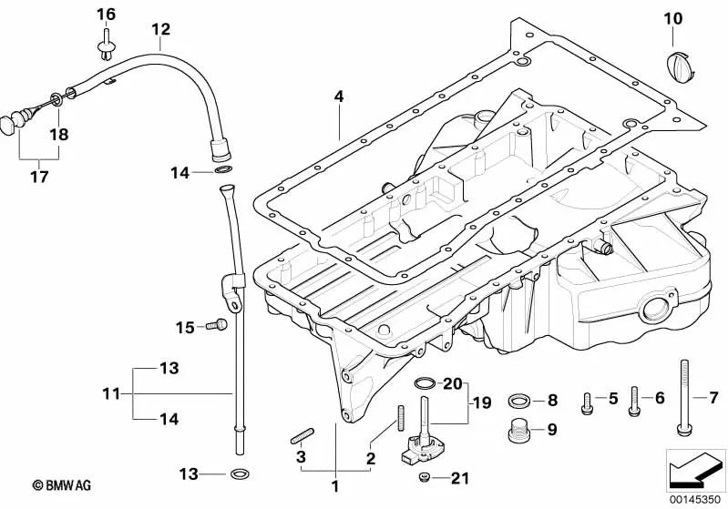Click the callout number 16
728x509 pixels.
click(106, 14)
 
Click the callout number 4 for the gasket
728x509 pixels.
click(338, 95)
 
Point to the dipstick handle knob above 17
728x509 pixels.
click(11, 122)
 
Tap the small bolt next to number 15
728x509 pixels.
click(216, 324)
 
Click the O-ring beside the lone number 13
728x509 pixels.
click(240, 474)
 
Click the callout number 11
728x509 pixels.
click(110, 394)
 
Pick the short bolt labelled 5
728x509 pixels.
click(588, 398)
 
